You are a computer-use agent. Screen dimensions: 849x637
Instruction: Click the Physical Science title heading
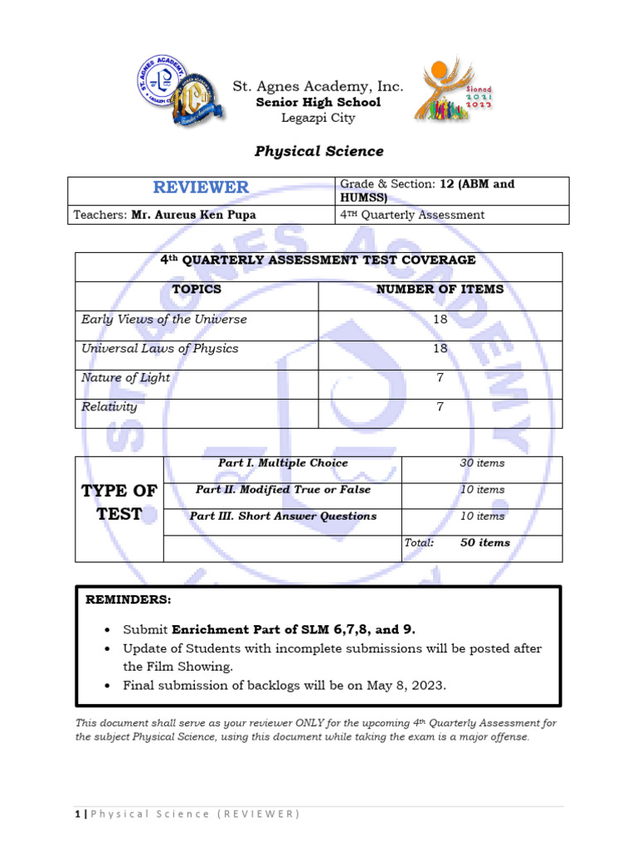coord(318,151)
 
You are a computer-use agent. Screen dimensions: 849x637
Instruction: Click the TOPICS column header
coord(197,289)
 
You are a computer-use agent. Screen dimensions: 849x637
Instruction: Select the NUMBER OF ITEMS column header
coord(440,289)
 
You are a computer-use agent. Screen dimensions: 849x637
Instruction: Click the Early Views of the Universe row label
coord(164,319)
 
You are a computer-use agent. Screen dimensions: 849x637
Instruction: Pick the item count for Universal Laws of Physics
coord(440,349)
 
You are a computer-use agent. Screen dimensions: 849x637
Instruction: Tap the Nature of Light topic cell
coord(125,378)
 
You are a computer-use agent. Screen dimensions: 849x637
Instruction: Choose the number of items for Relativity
coord(440,407)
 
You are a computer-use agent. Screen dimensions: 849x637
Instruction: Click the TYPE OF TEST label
coord(119,502)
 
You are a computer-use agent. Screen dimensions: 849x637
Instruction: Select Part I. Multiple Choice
coord(283,463)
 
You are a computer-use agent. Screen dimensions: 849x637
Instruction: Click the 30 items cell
coord(482,463)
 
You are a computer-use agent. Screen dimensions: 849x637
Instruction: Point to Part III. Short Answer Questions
coord(283,517)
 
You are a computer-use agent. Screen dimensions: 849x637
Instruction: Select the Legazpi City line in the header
coord(318,118)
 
